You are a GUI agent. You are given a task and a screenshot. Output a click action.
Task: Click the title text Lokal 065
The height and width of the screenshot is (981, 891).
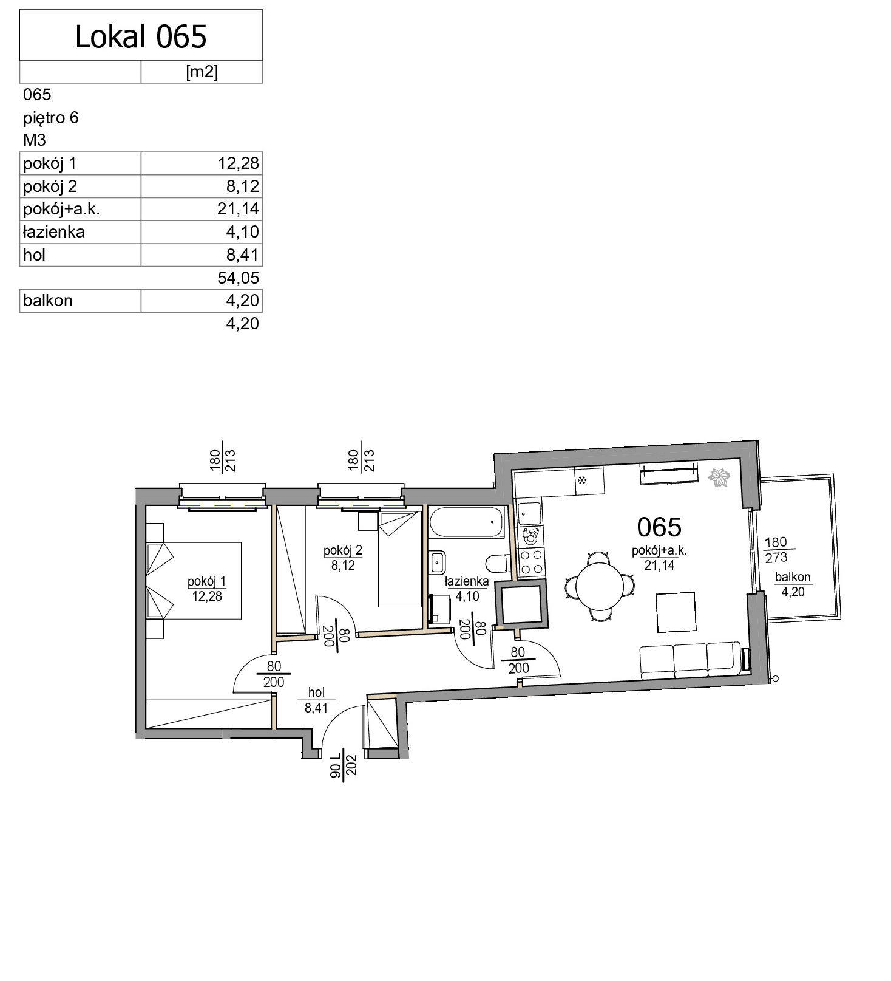point(141,36)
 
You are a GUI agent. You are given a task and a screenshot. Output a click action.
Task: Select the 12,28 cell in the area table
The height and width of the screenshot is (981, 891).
point(238,163)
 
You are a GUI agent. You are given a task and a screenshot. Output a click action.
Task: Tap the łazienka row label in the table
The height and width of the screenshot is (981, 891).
point(53,231)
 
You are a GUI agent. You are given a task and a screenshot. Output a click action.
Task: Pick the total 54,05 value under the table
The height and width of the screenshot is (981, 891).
point(238,278)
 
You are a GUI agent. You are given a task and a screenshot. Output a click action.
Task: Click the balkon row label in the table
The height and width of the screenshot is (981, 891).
point(47,300)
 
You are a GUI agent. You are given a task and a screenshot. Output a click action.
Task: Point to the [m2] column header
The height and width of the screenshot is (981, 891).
point(202,72)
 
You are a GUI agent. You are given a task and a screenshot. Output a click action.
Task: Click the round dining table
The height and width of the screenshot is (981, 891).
point(599,587)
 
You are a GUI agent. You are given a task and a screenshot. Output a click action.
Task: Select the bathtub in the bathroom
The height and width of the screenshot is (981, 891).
point(466,522)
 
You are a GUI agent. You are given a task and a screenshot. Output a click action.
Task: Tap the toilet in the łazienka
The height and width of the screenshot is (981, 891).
point(499,563)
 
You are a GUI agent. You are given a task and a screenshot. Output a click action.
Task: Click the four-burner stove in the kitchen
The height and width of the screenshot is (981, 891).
point(531,562)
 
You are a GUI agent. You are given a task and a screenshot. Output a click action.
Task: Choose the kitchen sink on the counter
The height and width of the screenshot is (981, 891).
point(529,514)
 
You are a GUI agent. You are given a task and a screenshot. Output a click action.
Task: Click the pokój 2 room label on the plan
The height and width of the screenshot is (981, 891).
point(343,550)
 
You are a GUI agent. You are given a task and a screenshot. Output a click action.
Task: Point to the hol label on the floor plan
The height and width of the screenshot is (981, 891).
point(316,692)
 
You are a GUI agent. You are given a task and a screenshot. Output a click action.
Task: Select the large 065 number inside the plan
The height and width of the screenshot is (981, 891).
point(659,527)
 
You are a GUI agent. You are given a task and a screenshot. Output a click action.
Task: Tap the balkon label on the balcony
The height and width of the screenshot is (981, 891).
point(793,577)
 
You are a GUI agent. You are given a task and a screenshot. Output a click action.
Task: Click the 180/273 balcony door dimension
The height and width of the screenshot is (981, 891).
point(776,549)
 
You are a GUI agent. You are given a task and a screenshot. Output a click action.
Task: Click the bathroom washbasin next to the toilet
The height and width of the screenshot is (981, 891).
point(436,562)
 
